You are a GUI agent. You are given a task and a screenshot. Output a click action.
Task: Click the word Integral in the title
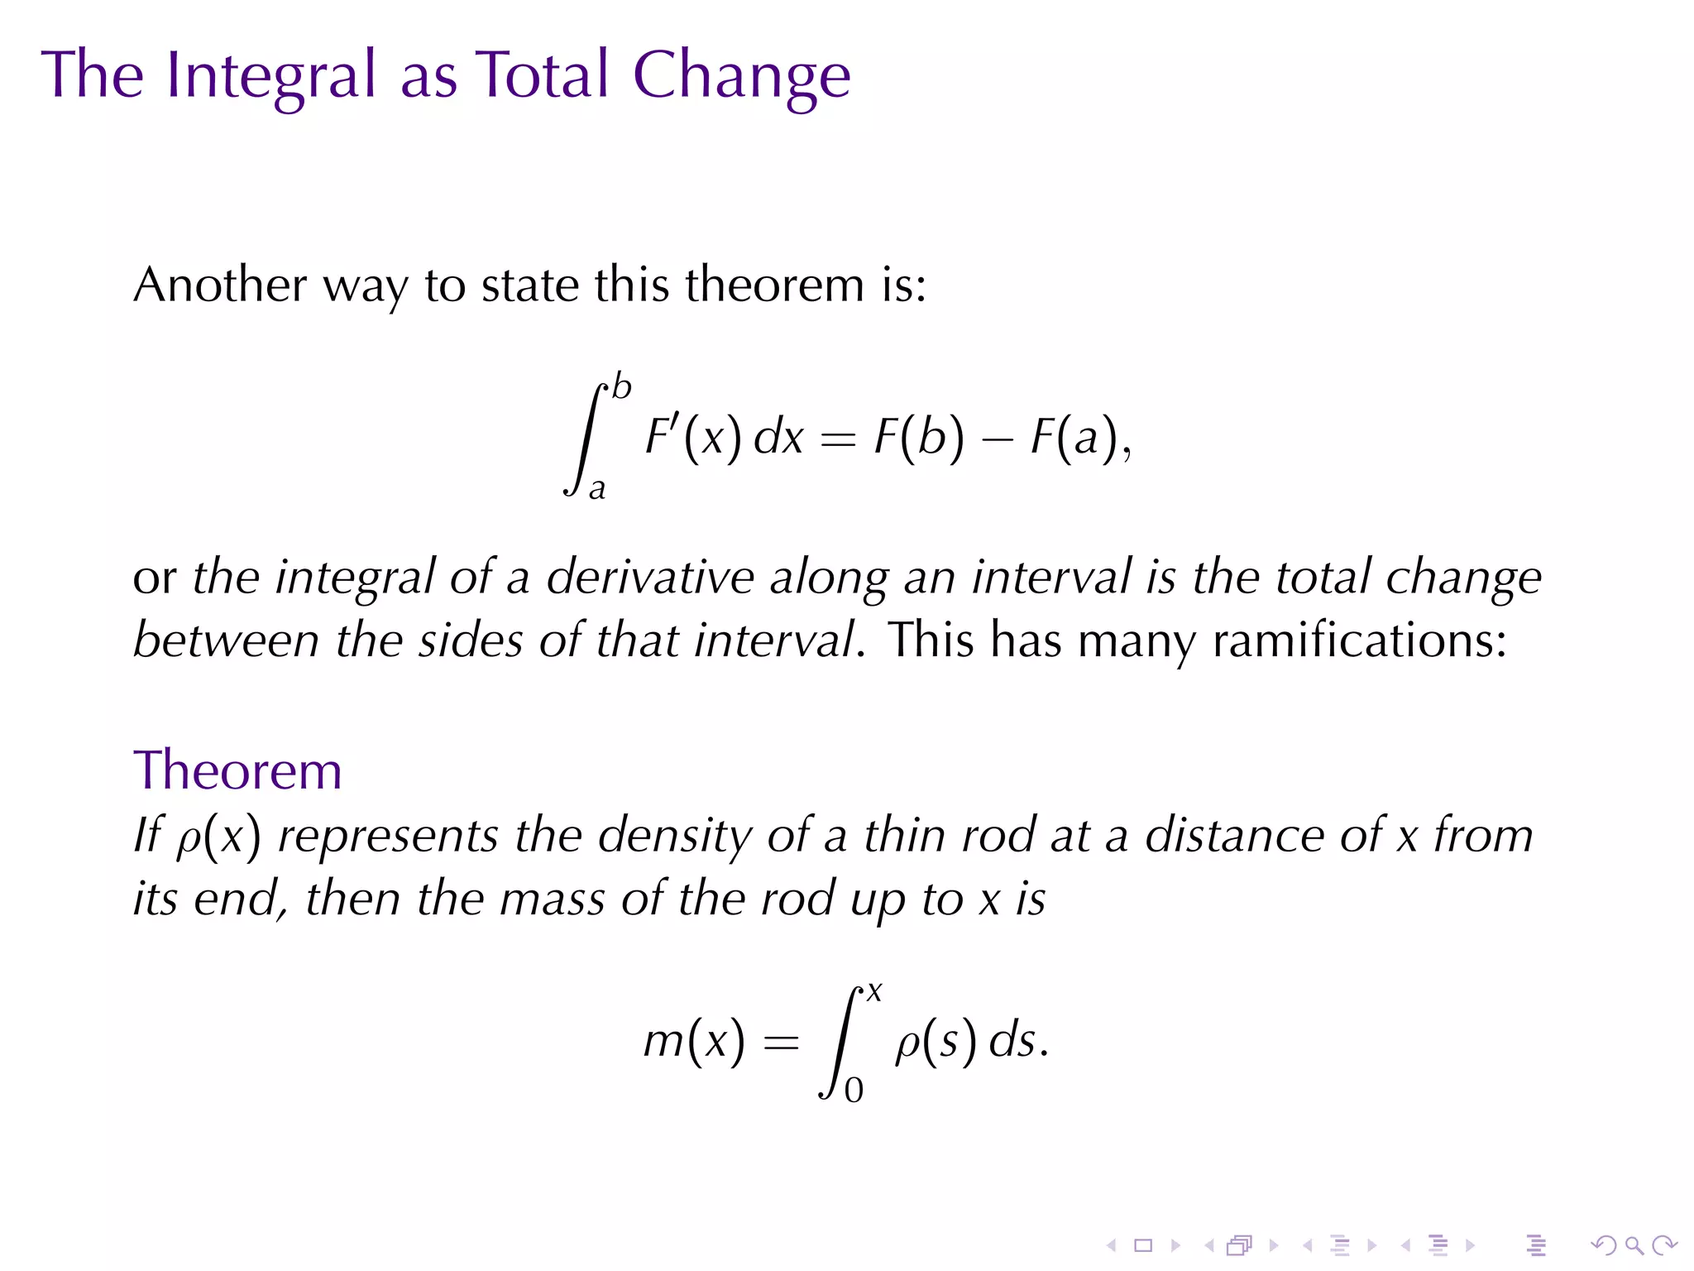tap(271, 76)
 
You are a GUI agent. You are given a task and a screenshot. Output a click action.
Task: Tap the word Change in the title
tap(741, 76)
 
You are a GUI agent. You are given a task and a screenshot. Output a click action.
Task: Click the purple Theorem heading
tap(237, 770)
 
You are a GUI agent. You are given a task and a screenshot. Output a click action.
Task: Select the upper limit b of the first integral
tap(621, 386)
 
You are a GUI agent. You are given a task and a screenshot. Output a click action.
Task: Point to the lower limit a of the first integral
tap(597, 489)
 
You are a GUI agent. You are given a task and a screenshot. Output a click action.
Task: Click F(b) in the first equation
tap(919, 436)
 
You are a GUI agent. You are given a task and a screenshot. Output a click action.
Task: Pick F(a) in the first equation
tap(1074, 436)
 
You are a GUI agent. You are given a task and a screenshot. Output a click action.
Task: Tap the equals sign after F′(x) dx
tap(837, 439)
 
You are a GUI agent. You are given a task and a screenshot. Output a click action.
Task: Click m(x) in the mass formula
tap(694, 1040)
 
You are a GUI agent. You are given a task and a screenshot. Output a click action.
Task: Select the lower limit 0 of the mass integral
tap(854, 1090)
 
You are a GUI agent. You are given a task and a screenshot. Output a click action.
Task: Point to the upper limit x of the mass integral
tap(874, 991)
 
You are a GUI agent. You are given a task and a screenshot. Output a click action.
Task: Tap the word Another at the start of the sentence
tap(220, 285)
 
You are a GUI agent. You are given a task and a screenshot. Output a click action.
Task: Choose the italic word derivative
tap(650, 577)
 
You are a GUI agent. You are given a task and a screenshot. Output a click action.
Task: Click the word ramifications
tap(1360, 640)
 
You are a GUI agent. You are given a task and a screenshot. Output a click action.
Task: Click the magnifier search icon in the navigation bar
tap(1634, 1245)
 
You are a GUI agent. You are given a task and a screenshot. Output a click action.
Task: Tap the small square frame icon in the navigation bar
tap(1143, 1245)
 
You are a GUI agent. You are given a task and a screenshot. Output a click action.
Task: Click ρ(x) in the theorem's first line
tap(218, 836)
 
